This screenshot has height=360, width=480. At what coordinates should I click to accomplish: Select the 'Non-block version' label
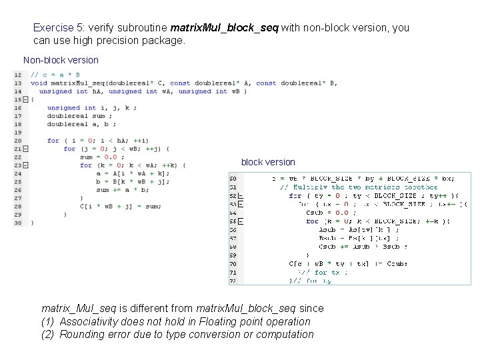(x=61, y=60)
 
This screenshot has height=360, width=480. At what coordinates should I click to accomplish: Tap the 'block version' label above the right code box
(x=268, y=162)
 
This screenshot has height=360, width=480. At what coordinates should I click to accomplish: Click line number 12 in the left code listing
(x=17, y=75)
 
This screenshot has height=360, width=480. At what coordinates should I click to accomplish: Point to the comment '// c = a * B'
(x=55, y=75)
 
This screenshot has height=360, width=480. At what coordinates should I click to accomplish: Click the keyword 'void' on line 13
(x=39, y=83)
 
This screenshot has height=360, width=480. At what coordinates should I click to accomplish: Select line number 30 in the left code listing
(x=17, y=222)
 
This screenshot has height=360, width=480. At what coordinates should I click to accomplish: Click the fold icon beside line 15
(x=25, y=99)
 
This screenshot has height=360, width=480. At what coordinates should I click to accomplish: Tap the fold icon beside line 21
(x=25, y=149)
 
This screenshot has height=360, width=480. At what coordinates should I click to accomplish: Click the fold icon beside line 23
(x=25, y=165)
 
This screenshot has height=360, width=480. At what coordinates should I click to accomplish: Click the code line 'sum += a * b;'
(x=123, y=189)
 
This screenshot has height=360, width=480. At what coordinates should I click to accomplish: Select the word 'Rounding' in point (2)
(x=81, y=334)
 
